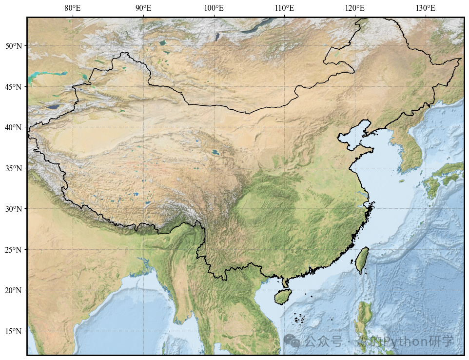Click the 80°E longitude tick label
73,8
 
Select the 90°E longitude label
143,8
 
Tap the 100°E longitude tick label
214,8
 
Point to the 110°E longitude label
285,8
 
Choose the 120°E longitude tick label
355,8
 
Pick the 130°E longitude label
426,8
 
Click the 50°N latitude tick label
13,46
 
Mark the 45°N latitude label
13,87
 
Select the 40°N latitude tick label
13,127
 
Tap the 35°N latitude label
13,168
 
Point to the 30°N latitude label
13,209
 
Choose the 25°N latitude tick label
13,250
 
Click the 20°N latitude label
13,290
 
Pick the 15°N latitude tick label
13,331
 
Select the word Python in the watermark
404,341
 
